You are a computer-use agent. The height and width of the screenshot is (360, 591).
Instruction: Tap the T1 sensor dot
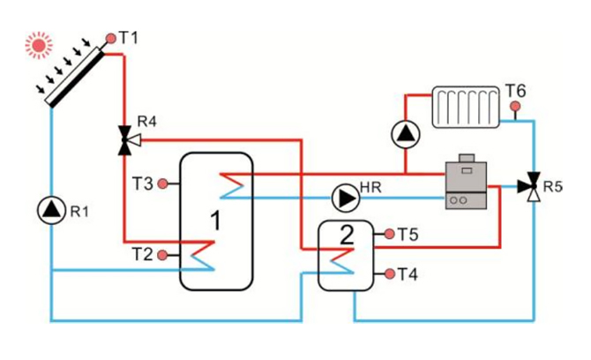[110, 38]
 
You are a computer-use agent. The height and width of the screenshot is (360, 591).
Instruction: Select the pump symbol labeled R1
[52, 209]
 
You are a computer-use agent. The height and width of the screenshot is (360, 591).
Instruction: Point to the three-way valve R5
[531, 186]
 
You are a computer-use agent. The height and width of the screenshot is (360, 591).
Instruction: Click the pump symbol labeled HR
[344, 195]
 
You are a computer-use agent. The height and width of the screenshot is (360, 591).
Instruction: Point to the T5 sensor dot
[387, 235]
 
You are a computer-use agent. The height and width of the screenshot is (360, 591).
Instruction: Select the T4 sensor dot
[387, 274]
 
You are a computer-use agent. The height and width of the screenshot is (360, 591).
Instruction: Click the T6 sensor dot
[515, 107]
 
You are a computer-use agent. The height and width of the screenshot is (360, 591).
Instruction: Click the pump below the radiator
[404, 135]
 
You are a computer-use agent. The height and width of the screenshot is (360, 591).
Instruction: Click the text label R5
[553, 187]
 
